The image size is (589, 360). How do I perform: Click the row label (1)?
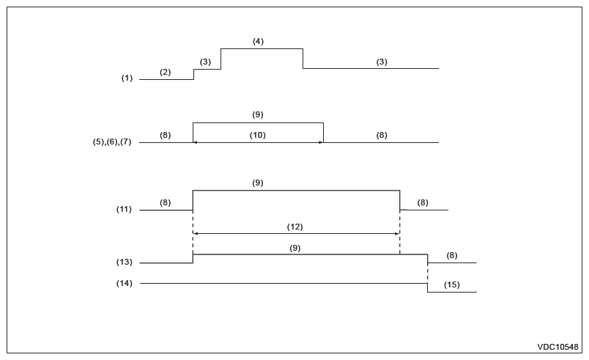pos(127,78)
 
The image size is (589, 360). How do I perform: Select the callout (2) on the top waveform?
pos(165,72)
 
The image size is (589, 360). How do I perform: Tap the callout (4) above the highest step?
pos(258,42)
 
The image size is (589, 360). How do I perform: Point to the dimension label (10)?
pos(257,135)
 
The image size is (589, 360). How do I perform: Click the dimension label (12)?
pos(294,227)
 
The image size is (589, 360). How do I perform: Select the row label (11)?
pos(124,210)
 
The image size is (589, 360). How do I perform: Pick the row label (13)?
pos(124,262)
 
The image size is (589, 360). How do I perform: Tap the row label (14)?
pos(124,283)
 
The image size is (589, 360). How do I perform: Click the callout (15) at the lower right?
pos(452,284)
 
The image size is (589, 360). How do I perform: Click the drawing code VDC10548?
pos(558,347)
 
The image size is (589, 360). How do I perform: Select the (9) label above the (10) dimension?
pos(257,114)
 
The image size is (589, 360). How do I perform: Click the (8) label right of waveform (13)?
pos(451,255)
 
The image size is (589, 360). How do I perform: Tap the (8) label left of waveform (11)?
pos(165,202)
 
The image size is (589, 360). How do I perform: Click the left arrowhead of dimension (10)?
pos(196,142)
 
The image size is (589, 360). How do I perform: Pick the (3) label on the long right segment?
pos(382,62)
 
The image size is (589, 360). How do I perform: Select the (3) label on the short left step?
pos(205,62)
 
